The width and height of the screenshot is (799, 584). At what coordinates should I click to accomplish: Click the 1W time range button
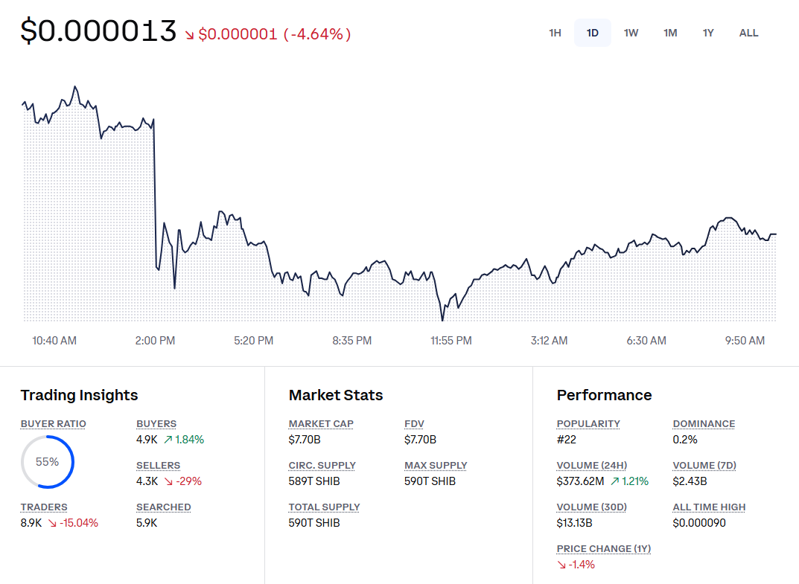click(631, 33)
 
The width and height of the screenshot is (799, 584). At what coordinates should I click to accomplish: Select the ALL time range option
click(748, 33)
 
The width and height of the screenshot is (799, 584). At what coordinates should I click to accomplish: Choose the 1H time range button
click(555, 33)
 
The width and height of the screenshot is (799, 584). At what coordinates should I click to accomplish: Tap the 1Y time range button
click(708, 33)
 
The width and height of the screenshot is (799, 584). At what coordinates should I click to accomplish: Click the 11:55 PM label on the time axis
click(451, 341)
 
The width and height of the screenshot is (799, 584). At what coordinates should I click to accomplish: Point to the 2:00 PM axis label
click(155, 341)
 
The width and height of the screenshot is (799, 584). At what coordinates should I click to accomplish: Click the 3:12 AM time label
click(549, 341)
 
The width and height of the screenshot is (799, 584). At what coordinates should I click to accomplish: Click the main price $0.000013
click(98, 31)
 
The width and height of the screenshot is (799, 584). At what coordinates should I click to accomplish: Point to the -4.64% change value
click(316, 34)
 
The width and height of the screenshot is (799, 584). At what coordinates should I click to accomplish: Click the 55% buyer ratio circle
click(47, 462)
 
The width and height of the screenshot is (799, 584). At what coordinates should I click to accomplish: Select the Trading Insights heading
click(79, 395)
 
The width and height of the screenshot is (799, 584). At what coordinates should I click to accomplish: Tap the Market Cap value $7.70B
click(305, 440)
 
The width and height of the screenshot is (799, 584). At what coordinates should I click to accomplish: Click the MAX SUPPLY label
click(436, 466)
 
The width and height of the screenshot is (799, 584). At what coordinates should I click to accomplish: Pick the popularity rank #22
click(567, 440)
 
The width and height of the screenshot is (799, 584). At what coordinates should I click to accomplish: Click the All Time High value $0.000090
click(699, 523)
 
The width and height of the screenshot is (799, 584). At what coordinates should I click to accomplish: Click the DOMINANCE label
click(704, 424)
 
